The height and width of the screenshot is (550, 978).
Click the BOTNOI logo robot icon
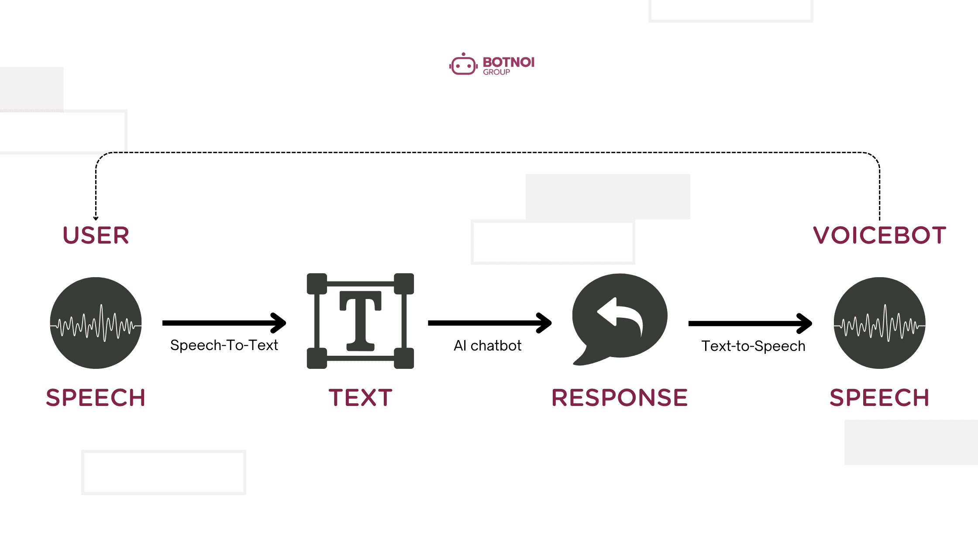coord(463,65)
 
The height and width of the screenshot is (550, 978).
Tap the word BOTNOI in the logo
coord(508,62)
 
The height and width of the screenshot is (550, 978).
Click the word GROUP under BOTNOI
coord(496,72)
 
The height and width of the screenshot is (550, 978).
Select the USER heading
coord(96,236)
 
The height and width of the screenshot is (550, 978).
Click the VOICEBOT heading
coord(879,236)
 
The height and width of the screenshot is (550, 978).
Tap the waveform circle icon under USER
coord(96,323)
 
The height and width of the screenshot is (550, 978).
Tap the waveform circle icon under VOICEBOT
coord(879,323)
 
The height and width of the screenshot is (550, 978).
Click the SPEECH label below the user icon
coord(96,398)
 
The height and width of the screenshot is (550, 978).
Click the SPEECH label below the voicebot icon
coord(879,398)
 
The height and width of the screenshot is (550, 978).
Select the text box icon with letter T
coord(360,321)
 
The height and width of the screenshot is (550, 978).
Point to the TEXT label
coord(360,398)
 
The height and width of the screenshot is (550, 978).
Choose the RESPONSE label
coord(620,398)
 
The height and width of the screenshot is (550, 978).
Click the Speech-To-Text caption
coord(224,345)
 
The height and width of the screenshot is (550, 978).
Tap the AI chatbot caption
coord(488,346)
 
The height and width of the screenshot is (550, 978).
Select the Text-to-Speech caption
coord(753,346)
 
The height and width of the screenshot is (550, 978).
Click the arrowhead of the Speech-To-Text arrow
coord(280,323)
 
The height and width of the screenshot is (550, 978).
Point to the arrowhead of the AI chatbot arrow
coord(546,323)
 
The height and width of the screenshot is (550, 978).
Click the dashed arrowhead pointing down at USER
coord(96,218)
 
